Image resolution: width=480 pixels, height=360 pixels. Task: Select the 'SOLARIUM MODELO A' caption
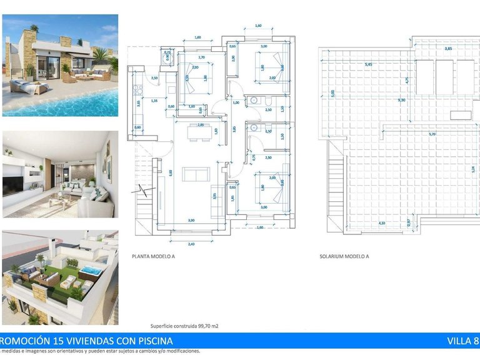pyautogui.click(x=344, y=256)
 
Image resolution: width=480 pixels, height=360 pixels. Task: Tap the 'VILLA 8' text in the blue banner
pyautogui.click(x=463, y=341)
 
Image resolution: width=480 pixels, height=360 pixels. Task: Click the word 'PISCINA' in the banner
pyautogui.click(x=151, y=341)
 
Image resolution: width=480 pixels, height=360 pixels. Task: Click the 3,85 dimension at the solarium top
pyautogui.click(x=447, y=48)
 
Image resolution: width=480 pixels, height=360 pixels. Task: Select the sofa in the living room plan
pyautogui.click(x=194, y=173)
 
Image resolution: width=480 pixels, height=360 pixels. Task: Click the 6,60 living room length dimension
pyautogui.click(x=171, y=173)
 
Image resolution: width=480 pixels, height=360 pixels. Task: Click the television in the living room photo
pyautogui.click(x=12, y=185)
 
